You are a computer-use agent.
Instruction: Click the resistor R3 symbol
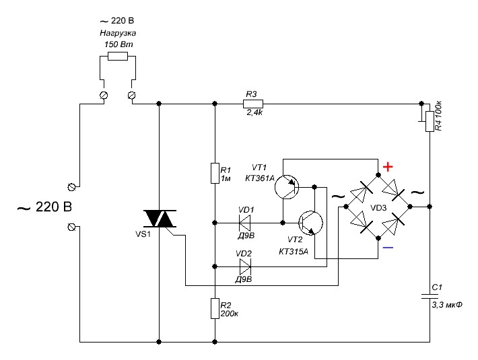[x=253, y=104]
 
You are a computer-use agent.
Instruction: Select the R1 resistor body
[x=214, y=172]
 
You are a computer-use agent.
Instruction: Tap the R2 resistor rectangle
[x=214, y=308]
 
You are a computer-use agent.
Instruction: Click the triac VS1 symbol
[x=160, y=219]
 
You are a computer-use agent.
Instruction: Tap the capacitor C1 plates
[x=429, y=296]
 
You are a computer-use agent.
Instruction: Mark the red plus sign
[x=388, y=166]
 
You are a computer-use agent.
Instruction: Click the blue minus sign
[x=388, y=248]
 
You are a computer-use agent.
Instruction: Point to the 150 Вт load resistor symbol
[x=118, y=57]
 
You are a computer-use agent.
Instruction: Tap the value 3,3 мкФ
[x=446, y=305]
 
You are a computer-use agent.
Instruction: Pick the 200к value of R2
[x=230, y=314]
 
